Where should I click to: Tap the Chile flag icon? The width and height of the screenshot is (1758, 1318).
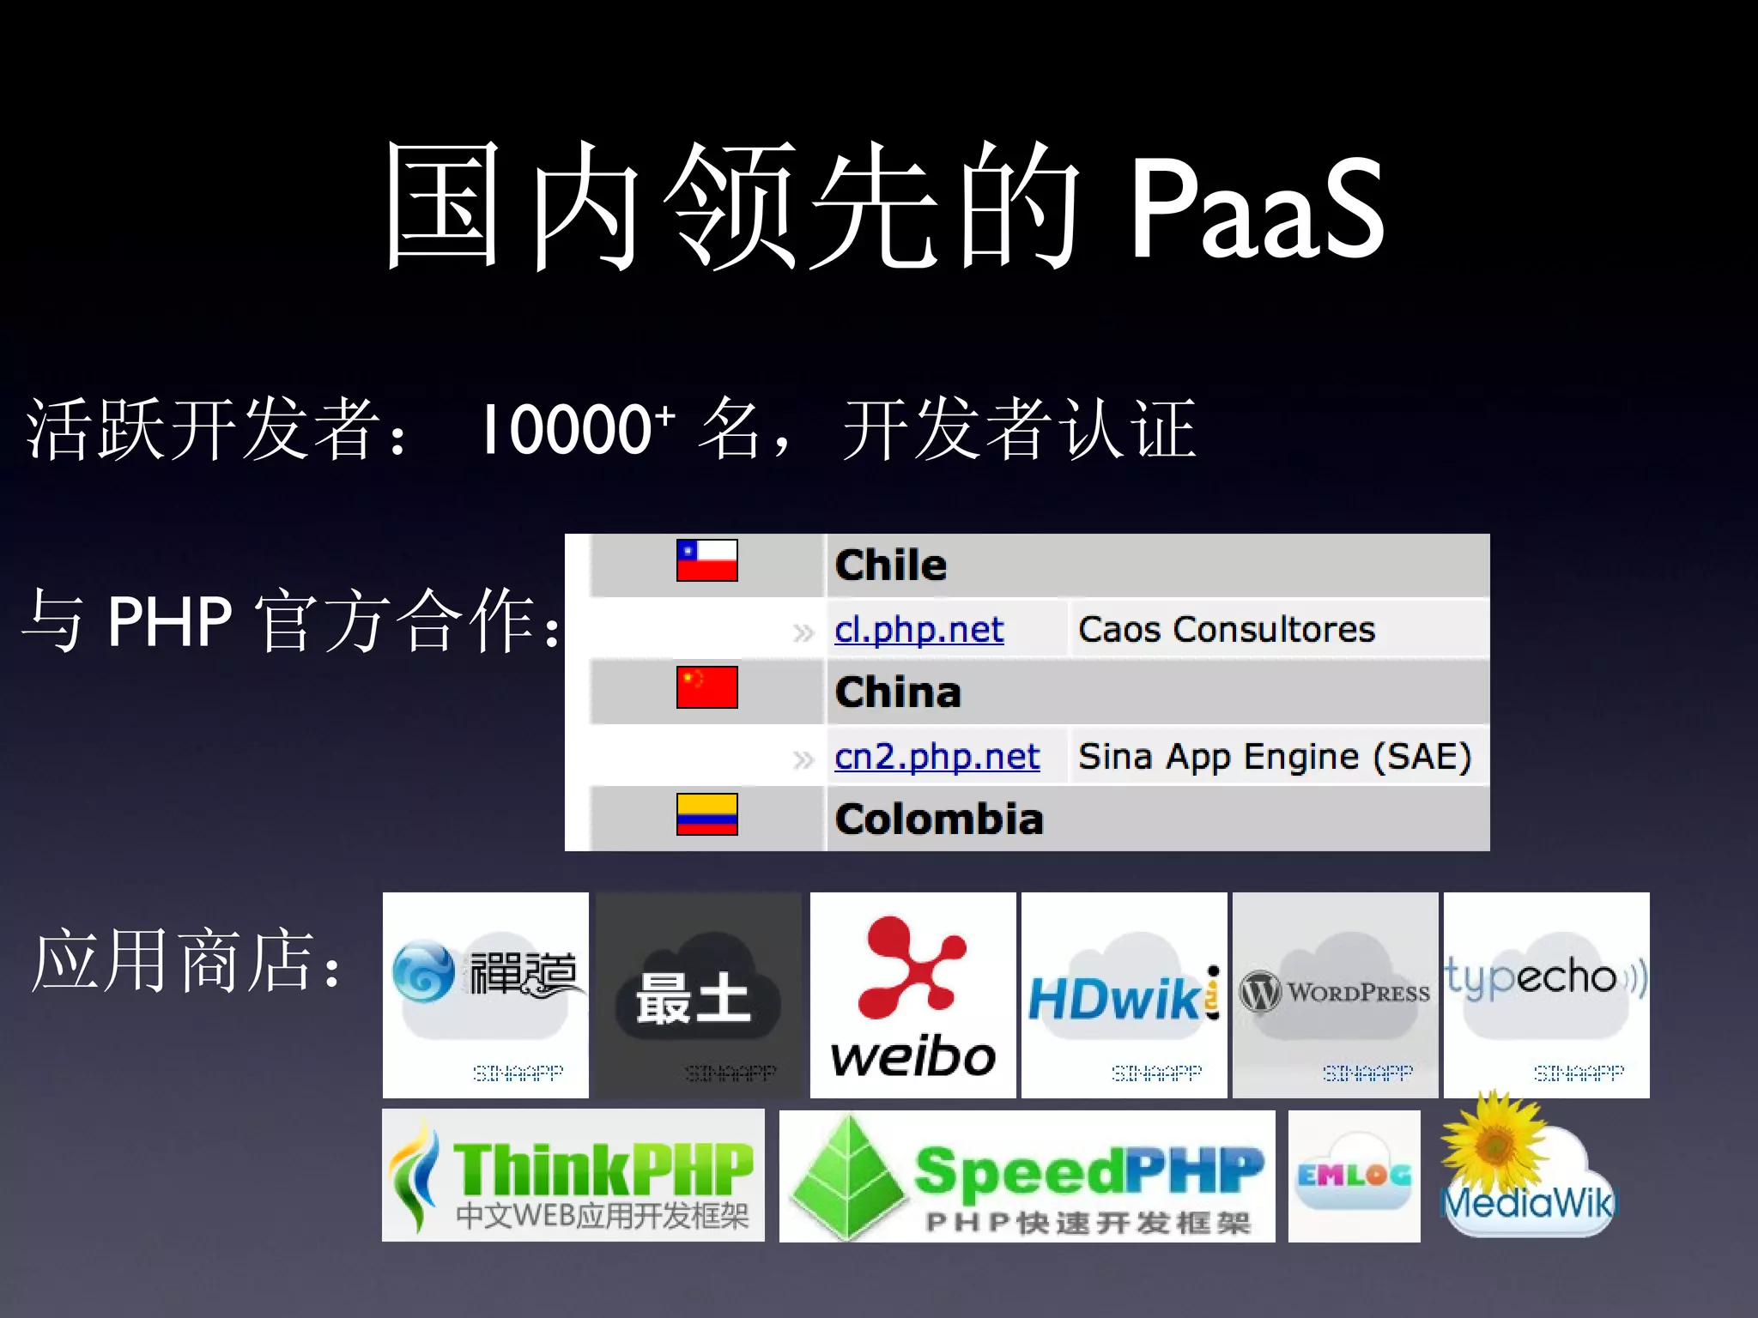(706, 560)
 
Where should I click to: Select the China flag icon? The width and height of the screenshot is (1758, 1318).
(706, 687)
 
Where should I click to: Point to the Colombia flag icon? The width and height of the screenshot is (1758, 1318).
(706, 814)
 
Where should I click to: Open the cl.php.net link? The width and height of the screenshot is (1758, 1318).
(918, 630)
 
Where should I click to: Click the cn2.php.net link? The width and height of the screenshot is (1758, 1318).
(937, 757)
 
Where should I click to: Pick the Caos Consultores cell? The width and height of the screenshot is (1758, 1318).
(1226, 630)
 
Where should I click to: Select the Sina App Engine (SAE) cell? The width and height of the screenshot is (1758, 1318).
(1275, 757)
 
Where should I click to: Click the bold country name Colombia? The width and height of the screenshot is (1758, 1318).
(939, 819)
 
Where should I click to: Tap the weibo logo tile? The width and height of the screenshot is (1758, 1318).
(912, 995)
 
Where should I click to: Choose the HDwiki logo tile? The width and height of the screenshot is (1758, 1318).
(1124, 995)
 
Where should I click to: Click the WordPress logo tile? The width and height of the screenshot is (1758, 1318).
(1335, 995)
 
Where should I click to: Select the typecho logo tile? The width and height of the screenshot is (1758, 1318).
(1546, 995)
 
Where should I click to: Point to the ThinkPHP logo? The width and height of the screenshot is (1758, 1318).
(573, 1176)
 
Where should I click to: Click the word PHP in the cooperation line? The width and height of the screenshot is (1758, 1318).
(170, 621)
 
